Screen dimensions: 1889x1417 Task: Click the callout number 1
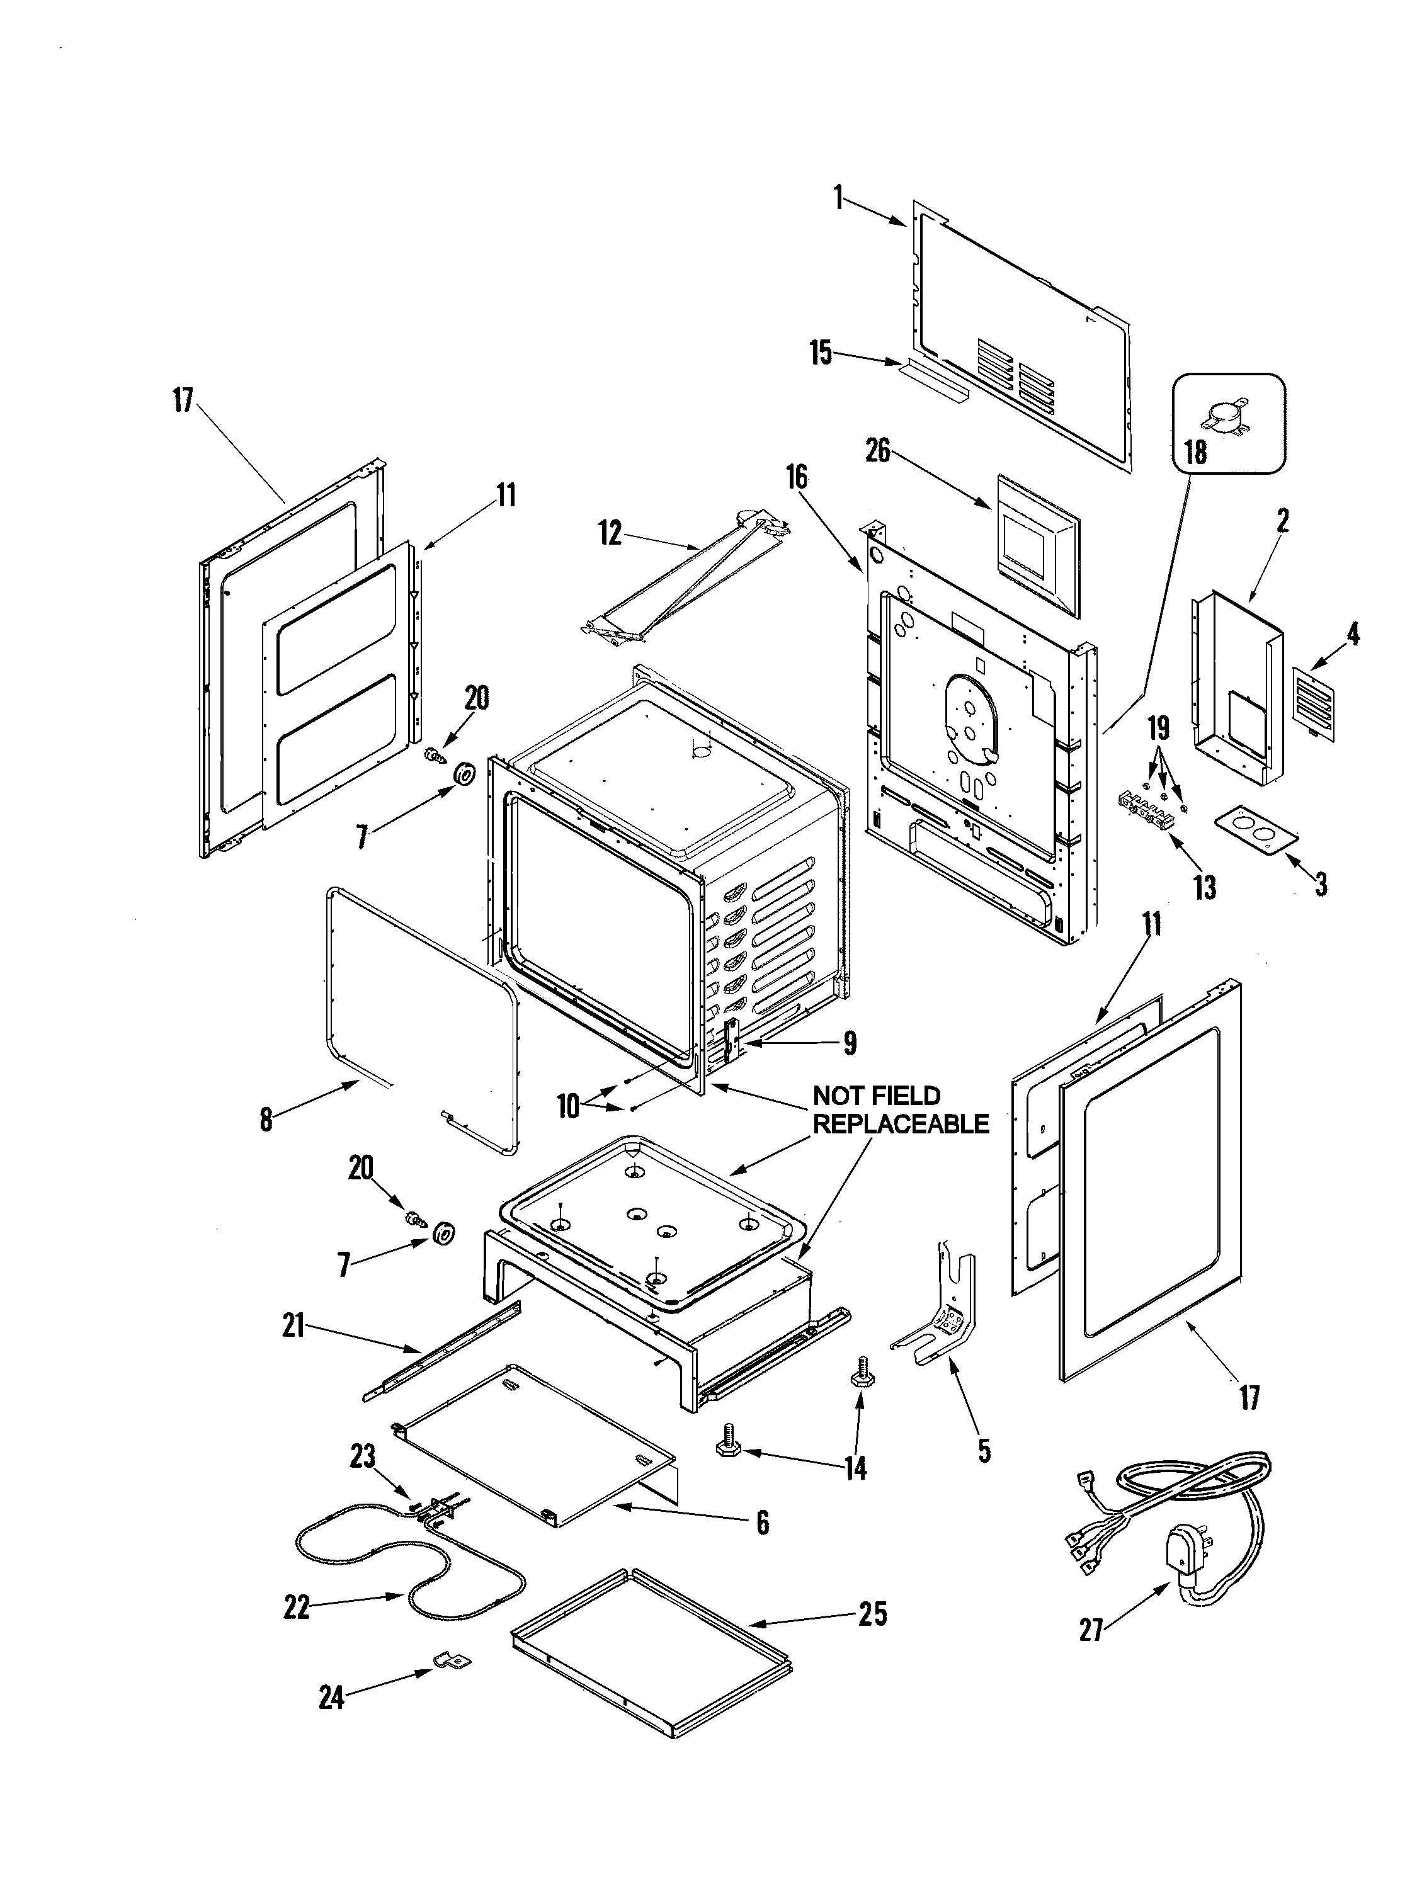(x=839, y=199)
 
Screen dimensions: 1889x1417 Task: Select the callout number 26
(x=877, y=450)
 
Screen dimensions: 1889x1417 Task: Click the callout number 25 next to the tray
(x=872, y=1614)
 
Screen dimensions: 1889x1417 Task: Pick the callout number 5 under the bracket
(x=984, y=1450)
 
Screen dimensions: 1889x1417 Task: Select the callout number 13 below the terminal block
(x=1204, y=887)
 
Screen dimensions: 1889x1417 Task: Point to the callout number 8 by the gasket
(x=266, y=1120)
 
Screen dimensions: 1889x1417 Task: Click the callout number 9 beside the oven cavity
(x=849, y=1043)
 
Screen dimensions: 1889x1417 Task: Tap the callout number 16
(x=797, y=477)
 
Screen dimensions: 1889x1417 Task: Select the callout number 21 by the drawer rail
(x=294, y=1325)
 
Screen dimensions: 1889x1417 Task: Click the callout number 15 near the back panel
(x=821, y=353)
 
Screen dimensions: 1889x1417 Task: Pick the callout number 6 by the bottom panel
(x=763, y=1522)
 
